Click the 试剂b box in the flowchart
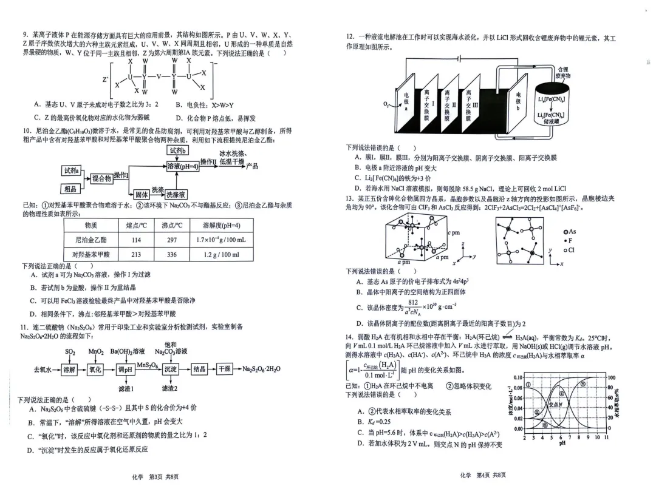click(x=177, y=150)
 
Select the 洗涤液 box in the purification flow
click(x=176, y=195)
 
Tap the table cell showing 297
click(x=172, y=240)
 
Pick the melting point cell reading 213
click(x=134, y=255)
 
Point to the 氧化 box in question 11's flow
click(x=95, y=369)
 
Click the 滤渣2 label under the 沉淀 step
click(x=169, y=388)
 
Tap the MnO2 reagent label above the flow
click(x=96, y=351)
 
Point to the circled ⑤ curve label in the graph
click(x=583, y=384)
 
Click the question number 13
click(x=350, y=198)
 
